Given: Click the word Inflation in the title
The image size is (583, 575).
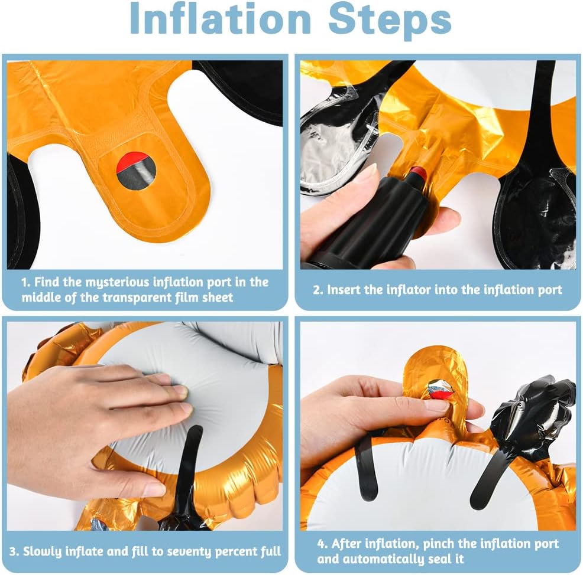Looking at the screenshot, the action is coord(220,18).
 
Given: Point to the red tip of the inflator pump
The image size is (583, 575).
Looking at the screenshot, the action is coord(417,172).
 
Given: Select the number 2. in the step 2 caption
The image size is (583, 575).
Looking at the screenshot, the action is coord(318,290).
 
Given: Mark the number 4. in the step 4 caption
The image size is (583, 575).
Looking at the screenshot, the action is coord(323,544).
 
